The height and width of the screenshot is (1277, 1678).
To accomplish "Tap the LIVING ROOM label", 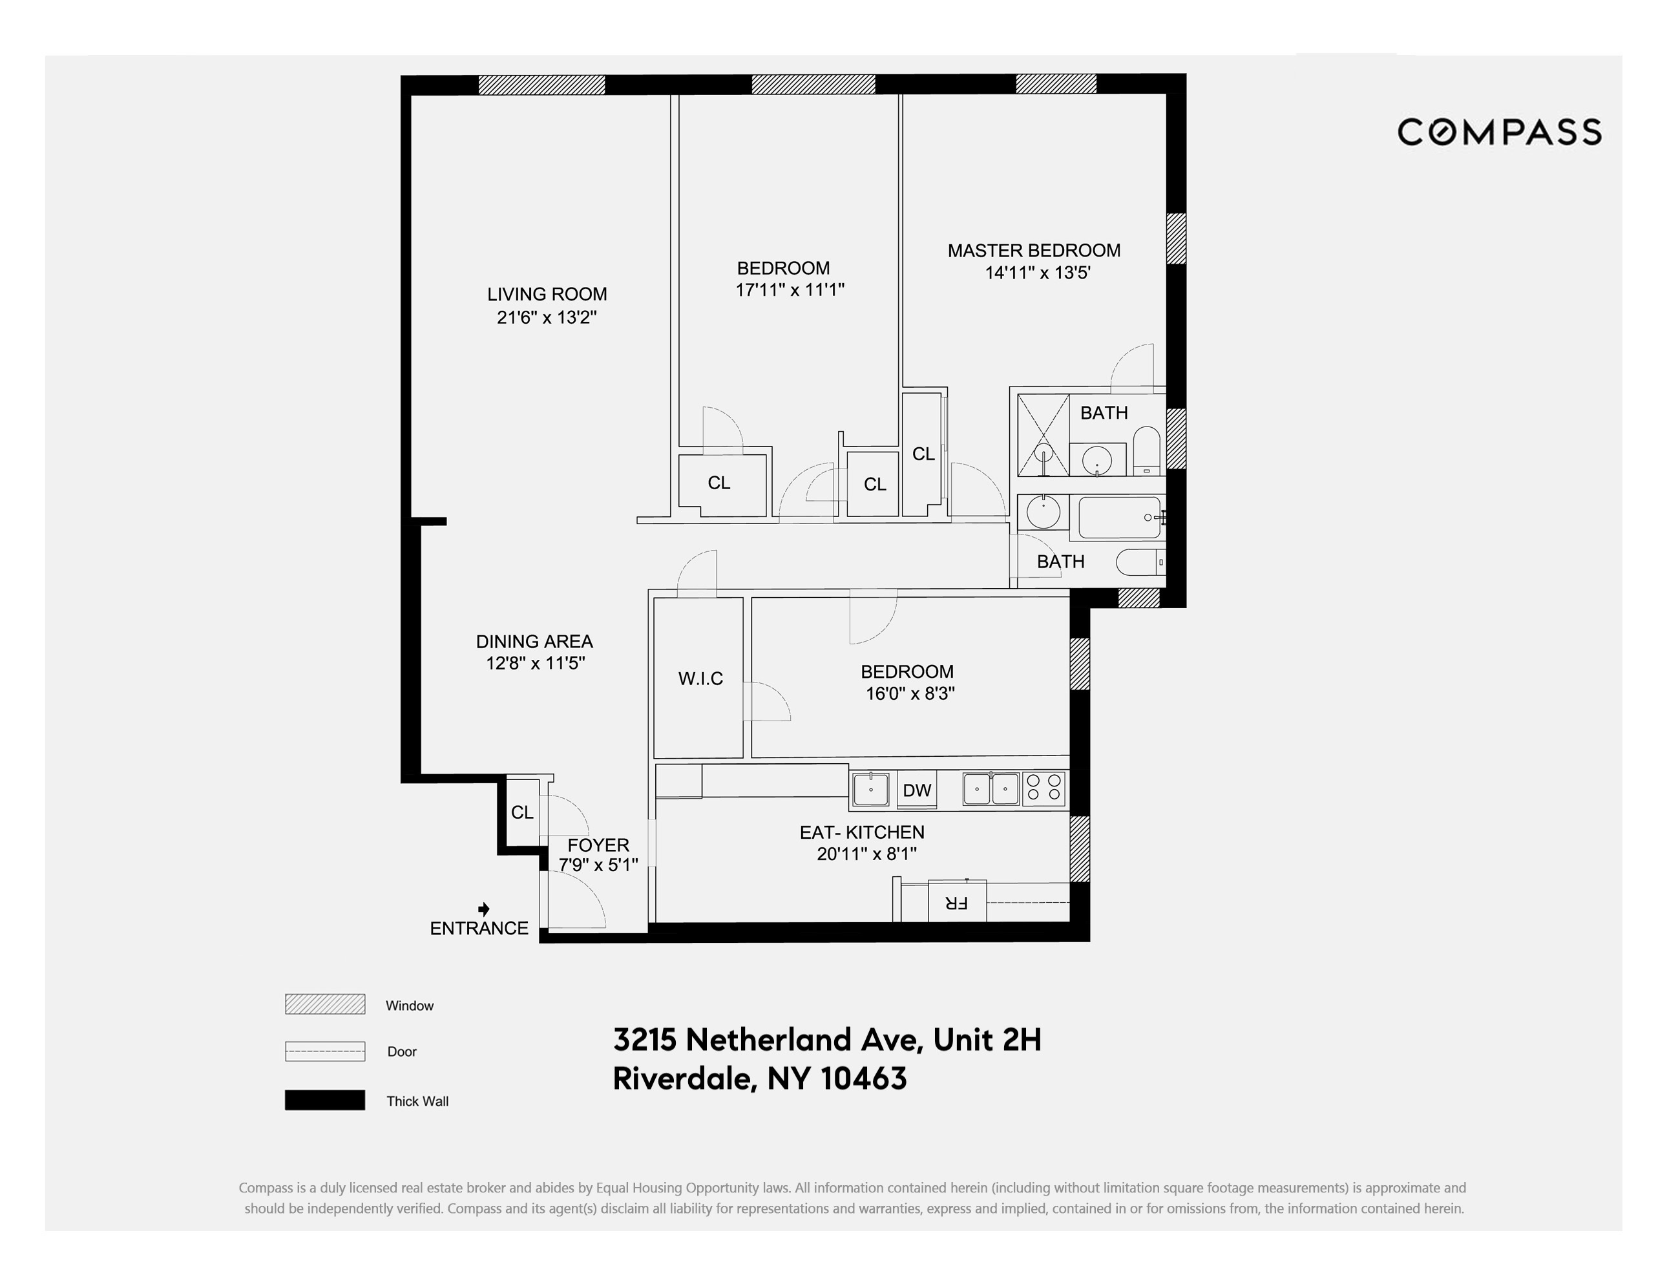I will (x=547, y=294).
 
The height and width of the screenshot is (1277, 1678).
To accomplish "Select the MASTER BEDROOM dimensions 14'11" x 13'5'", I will (x=1037, y=273).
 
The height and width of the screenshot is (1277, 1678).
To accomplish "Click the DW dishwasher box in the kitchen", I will (x=916, y=790).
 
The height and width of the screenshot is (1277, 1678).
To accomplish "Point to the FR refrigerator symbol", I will (x=957, y=902).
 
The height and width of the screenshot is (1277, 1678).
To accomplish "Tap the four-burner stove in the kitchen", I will (x=1044, y=788).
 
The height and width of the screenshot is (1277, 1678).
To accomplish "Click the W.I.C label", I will (x=700, y=678).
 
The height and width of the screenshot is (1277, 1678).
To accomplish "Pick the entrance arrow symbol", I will (x=483, y=909).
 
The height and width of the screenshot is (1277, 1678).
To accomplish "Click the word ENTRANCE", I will (x=479, y=928).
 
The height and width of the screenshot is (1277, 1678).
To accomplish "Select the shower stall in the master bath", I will (x=1043, y=436).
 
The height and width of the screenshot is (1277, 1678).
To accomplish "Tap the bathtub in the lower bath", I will (x=1120, y=518).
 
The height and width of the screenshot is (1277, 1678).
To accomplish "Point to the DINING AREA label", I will (x=534, y=642).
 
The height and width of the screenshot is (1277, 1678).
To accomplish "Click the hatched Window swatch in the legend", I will (x=324, y=1004).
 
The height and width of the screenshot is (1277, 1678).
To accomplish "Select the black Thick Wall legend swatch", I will (x=324, y=1100).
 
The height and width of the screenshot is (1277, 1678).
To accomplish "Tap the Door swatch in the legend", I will (x=324, y=1051).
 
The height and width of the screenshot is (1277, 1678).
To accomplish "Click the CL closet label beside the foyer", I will (x=521, y=812).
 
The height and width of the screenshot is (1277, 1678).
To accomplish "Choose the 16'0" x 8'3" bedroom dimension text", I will (x=910, y=693).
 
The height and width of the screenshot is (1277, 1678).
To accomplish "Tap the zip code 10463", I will (x=864, y=1079).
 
